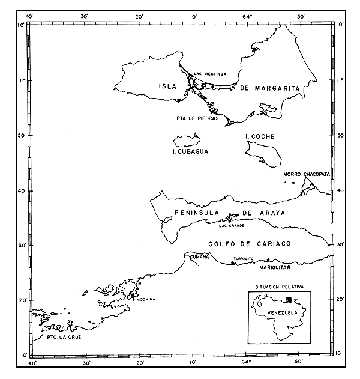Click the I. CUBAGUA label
point(191,153)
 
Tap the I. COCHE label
point(260,137)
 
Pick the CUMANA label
point(199,257)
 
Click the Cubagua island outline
point(186,141)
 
